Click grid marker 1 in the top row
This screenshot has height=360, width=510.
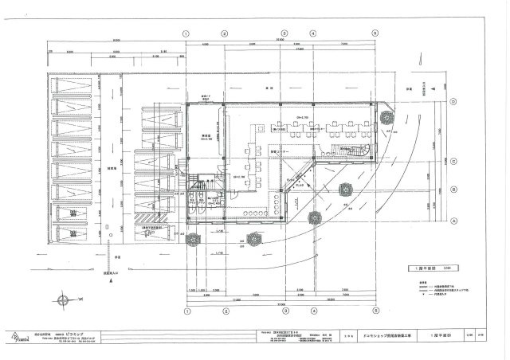tap(186, 33)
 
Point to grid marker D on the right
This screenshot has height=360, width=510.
tap(453, 101)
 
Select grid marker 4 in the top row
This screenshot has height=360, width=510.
tap(313, 33)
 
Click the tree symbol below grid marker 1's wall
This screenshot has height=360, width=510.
tap(192, 238)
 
